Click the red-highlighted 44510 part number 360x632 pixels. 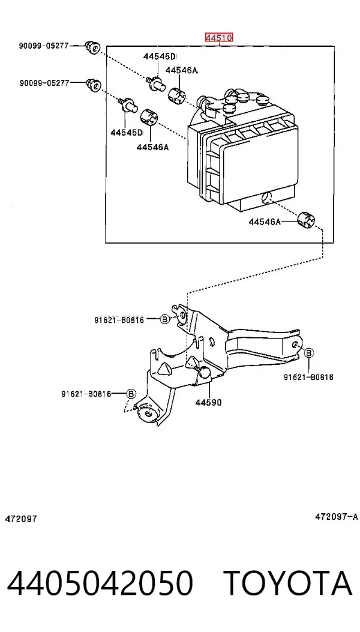pos(219,38)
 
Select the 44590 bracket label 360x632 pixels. pos(208,402)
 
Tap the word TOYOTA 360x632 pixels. pos(288,583)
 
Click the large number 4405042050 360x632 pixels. pos(100,583)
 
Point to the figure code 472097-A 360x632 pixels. pos(336,516)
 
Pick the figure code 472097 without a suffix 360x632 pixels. pos(21,519)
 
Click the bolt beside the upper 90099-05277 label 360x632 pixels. pos(92,47)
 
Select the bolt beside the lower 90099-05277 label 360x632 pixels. pos(94,85)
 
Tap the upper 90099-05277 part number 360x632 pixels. pos(44,46)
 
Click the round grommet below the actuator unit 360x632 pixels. pos(306,219)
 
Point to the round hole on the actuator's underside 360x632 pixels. pos(265,198)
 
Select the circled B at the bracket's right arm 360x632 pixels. pos(308,353)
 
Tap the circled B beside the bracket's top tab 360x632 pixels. pos(164,319)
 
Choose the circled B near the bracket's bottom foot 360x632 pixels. pos(131,394)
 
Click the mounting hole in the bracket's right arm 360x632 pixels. pos(295,345)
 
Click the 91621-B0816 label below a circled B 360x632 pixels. pos(308,378)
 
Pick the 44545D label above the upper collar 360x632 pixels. pos(160,57)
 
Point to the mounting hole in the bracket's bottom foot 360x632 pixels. pos(149,414)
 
